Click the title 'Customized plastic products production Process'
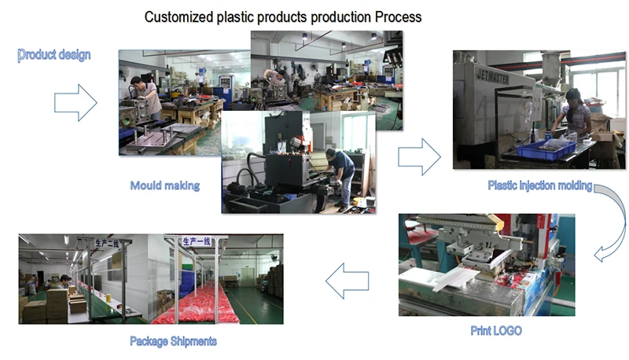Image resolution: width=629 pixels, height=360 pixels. (283, 17)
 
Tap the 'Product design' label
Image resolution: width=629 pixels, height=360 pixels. (54, 55)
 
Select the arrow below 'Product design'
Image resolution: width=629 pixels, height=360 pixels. (75, 102)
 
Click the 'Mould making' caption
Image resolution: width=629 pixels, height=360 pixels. (164, 186)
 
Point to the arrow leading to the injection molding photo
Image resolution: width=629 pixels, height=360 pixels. (418, 156)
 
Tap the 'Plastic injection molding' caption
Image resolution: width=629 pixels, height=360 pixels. (539, 186)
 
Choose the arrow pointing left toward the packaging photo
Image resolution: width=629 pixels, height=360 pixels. (348, 281)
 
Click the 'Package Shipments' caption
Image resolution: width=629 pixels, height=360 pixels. (173, 341)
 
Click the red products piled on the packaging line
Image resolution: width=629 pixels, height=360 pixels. (193, 307)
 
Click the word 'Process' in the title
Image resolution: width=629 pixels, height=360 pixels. (397, 17)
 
